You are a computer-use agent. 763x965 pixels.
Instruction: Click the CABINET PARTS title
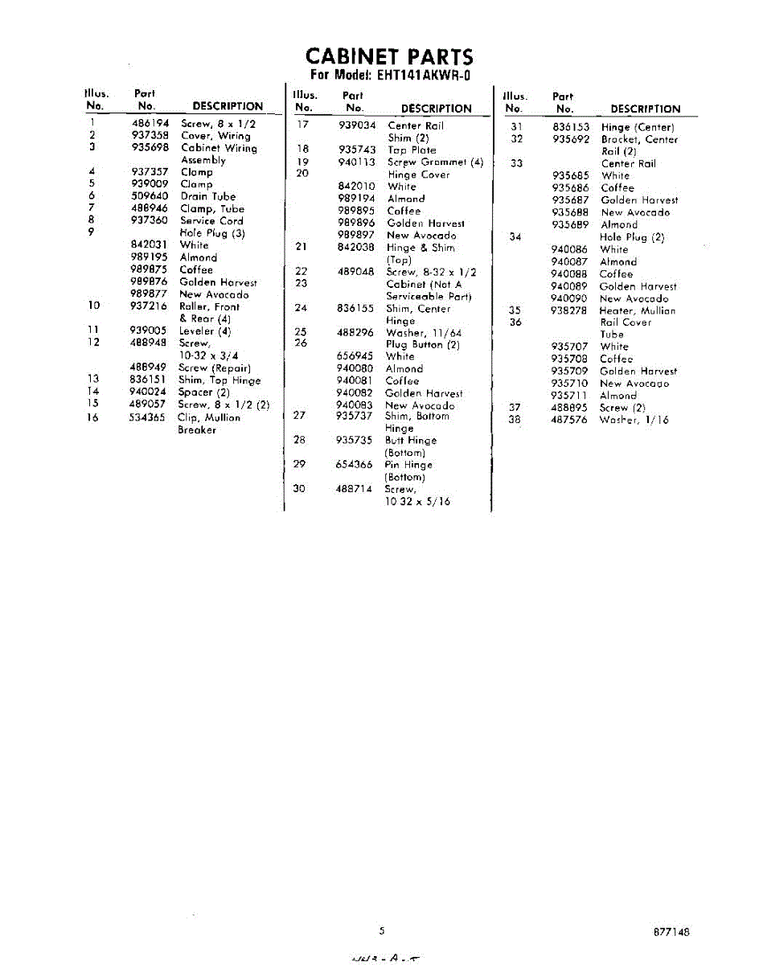389,57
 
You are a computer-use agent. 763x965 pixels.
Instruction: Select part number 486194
149,124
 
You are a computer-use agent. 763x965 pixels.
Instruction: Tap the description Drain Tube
208,196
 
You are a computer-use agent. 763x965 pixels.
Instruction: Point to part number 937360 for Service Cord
149,220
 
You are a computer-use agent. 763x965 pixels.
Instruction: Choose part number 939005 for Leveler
148,331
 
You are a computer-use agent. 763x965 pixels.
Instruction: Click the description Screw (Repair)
215,368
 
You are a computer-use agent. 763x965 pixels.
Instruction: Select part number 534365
148,417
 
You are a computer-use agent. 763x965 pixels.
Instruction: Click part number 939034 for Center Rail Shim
357,125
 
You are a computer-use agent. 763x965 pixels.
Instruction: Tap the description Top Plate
412,150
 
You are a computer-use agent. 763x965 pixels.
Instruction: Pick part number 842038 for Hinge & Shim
356,248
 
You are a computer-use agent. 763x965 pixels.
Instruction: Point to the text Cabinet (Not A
424,284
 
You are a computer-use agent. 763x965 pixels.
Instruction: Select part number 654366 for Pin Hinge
355,465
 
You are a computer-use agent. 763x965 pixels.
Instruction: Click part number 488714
355,489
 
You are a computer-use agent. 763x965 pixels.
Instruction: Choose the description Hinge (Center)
638,127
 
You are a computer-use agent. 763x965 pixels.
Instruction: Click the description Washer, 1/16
634,420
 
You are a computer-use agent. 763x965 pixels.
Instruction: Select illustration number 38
515,420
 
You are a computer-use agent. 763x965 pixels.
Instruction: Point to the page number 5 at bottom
382,931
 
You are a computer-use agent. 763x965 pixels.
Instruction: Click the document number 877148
671,933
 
